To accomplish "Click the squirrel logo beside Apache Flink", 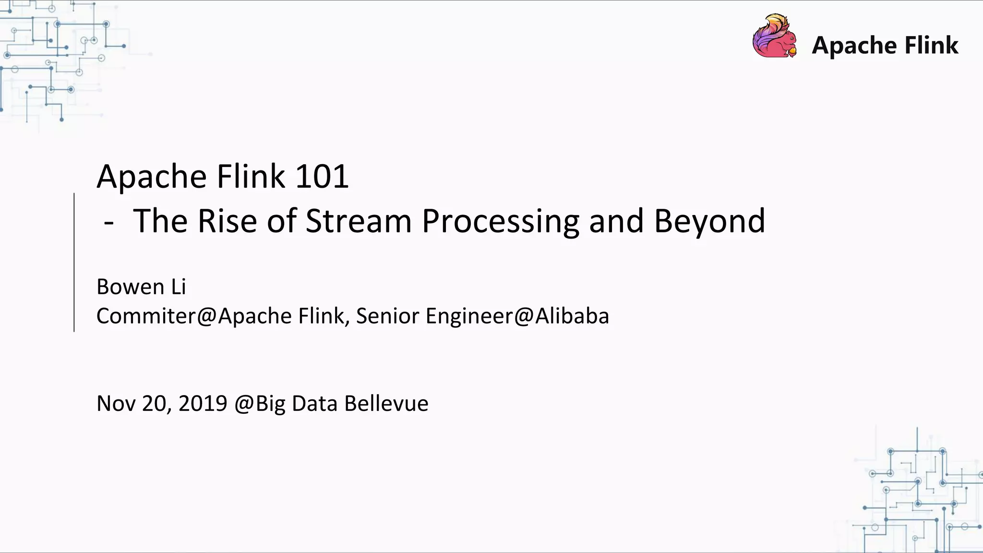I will click(x=774, y=37).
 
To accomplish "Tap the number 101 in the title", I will click(x=322, y=176).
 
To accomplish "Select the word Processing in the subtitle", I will click(x=500, y=222).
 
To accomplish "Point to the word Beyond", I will click(x=709, y=222).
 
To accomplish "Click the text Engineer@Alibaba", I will click(x=517, y=316).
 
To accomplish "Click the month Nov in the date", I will click(x=116, y=403).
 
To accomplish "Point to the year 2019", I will click(x=203, y=403).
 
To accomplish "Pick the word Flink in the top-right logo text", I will click(x=931, y=46).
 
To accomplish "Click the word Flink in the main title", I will click(x=251, y=176).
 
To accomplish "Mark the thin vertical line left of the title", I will click(x=74, y=262).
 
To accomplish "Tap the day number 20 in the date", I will click(x=154, y=403).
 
